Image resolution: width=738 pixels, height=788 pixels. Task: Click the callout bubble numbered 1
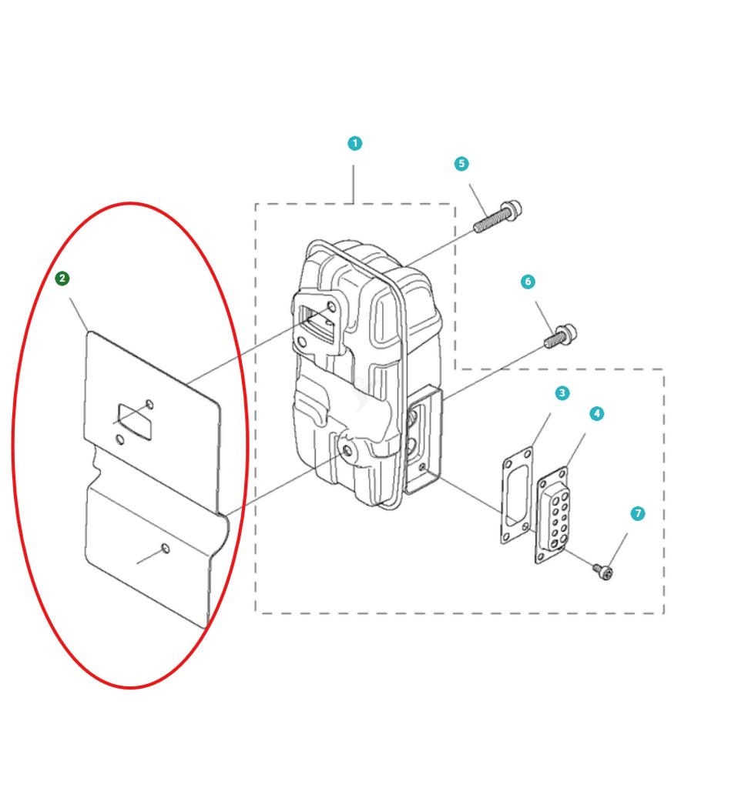point(354,143)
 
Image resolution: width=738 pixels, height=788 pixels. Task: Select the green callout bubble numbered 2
point(62,279)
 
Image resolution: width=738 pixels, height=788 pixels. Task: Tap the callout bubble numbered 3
point(562,393)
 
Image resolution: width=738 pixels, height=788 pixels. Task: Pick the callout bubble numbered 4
point(596,413)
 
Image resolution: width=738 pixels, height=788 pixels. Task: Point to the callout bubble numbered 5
point(461,164)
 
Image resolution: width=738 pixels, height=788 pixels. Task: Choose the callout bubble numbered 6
point(528,282)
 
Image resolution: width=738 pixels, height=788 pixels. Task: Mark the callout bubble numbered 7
point(637,513)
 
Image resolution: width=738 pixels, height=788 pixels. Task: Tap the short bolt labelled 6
point(560,336)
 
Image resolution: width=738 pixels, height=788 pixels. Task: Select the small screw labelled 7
point(602,572)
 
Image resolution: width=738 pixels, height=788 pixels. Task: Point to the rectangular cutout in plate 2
point(134,422)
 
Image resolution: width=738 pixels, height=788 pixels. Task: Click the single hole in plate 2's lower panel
point(165,548)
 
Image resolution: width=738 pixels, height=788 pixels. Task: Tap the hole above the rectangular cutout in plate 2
point(149,405)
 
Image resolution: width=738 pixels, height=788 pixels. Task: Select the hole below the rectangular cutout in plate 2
point(119,440)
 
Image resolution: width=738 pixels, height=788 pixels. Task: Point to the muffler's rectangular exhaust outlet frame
point(424,439)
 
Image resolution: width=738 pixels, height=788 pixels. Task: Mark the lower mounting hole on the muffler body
point(346,450)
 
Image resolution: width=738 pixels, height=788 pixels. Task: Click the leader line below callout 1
point(354,184)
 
